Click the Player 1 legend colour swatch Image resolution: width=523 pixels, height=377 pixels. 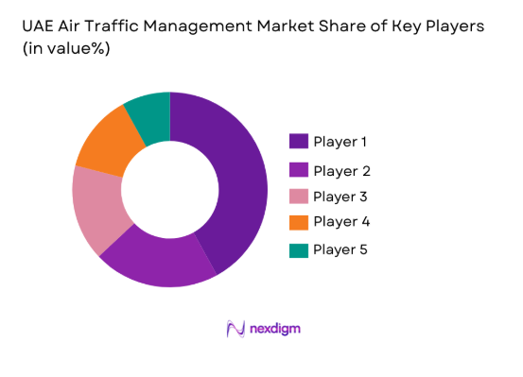[x=297, y=142]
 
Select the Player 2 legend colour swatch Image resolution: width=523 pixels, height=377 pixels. [x=297, y=170]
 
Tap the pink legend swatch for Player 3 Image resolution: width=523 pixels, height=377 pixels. [x=297, y=196]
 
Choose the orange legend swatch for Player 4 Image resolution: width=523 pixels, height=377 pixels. [x=297, y=221]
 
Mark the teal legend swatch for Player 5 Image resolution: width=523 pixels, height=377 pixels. [x=297, y=249]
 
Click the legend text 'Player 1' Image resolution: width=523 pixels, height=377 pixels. [x=340, y=143]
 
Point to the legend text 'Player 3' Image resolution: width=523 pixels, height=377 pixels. [x=340, y=197]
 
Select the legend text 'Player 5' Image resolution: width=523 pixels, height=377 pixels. [x=340, y=250]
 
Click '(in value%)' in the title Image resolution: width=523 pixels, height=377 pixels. [x=62, y=49]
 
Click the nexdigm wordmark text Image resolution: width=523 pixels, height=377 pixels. [x=276, y=329]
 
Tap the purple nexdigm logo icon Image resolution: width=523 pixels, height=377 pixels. [x=236, y=329]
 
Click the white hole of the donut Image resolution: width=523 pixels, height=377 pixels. [x=169, y=189]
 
